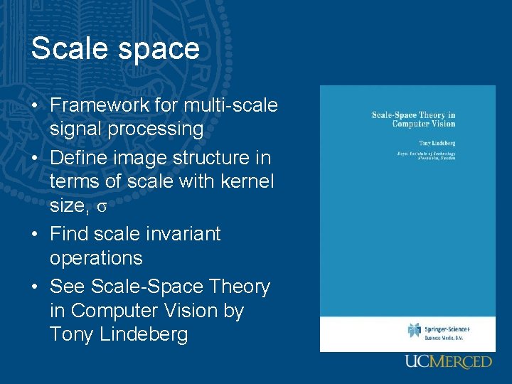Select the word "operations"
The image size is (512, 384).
click(x=96, y=258)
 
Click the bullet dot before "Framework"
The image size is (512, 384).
click(x=35, y=106)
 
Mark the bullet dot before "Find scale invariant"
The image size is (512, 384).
click(x=35, y=235)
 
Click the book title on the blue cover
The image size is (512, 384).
click(x=413, y=119)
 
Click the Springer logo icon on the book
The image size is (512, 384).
click(x=414, y=330)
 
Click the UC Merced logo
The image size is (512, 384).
click(x=448, y=362)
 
